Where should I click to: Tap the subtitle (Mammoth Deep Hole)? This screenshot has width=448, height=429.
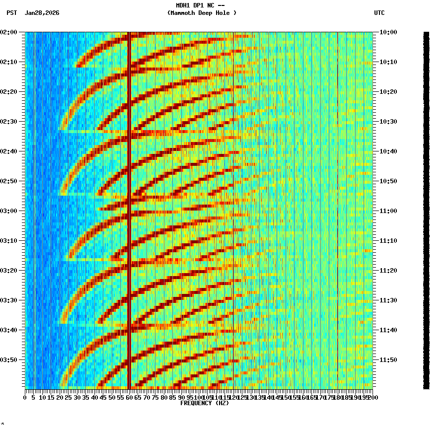point(202,13)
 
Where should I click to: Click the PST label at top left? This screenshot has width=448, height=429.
point(11,13)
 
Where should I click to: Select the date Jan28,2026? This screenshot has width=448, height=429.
point(42,13)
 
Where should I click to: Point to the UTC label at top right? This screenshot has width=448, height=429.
point(379,13)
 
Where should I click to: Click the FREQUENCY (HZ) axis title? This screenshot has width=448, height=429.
point(205,403)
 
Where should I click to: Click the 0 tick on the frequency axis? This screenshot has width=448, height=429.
point(25,397)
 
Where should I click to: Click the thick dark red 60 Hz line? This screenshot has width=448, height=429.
point(129,199)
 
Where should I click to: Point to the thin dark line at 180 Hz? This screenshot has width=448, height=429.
point(338,199)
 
